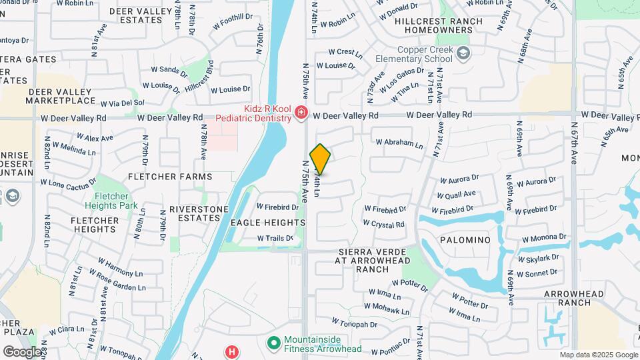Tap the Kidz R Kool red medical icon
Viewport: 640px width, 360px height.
click(301, 113)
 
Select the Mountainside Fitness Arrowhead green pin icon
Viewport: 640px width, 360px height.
click(273, 343)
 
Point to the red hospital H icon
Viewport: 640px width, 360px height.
click(231, 351)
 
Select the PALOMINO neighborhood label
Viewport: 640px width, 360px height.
click(465, 239)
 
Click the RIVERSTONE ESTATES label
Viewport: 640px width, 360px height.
click(199, 213)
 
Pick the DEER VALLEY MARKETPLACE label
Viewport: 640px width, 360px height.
click(61, 96)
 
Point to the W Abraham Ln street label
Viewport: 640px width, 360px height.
click(399, 143)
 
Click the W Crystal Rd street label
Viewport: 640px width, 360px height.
click(383, 225)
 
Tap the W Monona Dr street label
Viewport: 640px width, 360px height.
click(543, 237)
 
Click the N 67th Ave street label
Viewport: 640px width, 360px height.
click(574, 143)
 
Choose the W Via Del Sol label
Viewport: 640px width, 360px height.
click(122, 103)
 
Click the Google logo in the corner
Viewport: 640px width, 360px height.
click(22, 352)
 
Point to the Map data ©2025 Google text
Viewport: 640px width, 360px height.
click(598, 355)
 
